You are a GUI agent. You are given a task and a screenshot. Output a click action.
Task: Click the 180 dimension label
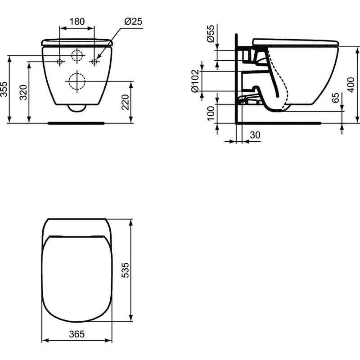[77, 22]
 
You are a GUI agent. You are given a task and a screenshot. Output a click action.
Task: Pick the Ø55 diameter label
[211, 34]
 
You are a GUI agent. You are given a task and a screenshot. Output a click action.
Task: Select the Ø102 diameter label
[195, 81]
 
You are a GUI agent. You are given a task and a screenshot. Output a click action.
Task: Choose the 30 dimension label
[255, 135]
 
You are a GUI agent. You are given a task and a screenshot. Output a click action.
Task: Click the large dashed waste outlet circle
[77, 81]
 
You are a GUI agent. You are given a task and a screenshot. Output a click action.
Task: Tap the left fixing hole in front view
[60, 61]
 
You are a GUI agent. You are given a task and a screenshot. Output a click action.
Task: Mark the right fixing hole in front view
[94, 61]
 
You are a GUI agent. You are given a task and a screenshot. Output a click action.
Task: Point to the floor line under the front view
[77, 122]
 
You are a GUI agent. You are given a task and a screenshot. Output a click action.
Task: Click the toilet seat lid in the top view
[76, 279]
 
